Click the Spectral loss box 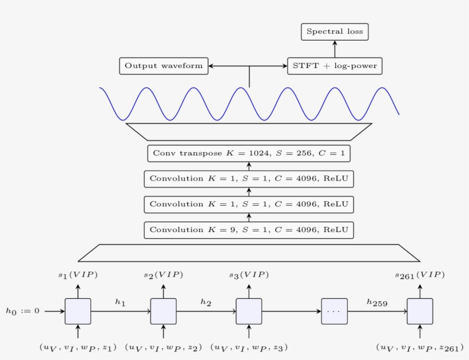pos(335,32)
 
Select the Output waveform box pos(164,66)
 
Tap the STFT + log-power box pos(335,66)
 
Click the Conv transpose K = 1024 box pos(249,153)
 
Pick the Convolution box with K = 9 pos(249,230)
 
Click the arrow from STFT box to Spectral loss pos(335,49)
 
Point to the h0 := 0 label pos(23,311)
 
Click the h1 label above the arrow pos(120,302)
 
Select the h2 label pos(206,302)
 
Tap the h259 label pos(377,303)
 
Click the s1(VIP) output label pos(78,275)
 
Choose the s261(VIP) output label pos(419,275)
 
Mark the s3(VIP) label pos(249,275)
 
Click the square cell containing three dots pos(335,311)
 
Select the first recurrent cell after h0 pos(78,311)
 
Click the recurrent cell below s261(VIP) pos(420,311)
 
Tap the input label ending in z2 pos(164,347)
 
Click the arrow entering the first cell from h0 pos(54,311)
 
